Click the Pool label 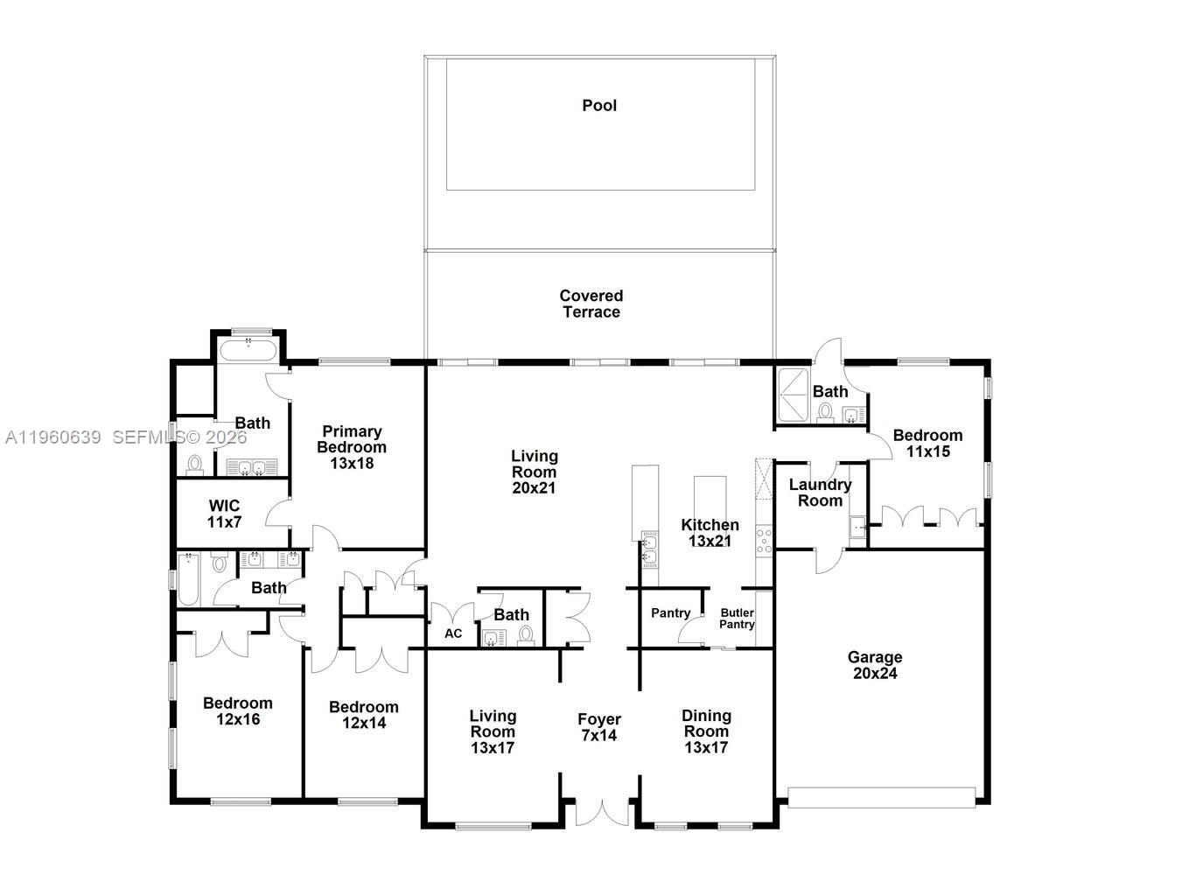click(599, 106)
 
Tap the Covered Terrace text click(591, 304)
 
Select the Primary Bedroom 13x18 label click(352, 447)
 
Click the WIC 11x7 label click(224, 514)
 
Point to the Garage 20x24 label click(874, 665)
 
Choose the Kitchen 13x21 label click(710, 533)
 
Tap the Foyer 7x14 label click(599, 728)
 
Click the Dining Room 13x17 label click(706, 731)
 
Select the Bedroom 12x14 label click(363, 715)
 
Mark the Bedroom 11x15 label click(927, 444)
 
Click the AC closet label click(453, 633)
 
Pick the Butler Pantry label click(737, 619)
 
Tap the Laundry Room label click(820, 493)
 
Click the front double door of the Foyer click(601, 812)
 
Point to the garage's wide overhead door click(881, 797)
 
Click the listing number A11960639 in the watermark click(52, 437)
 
